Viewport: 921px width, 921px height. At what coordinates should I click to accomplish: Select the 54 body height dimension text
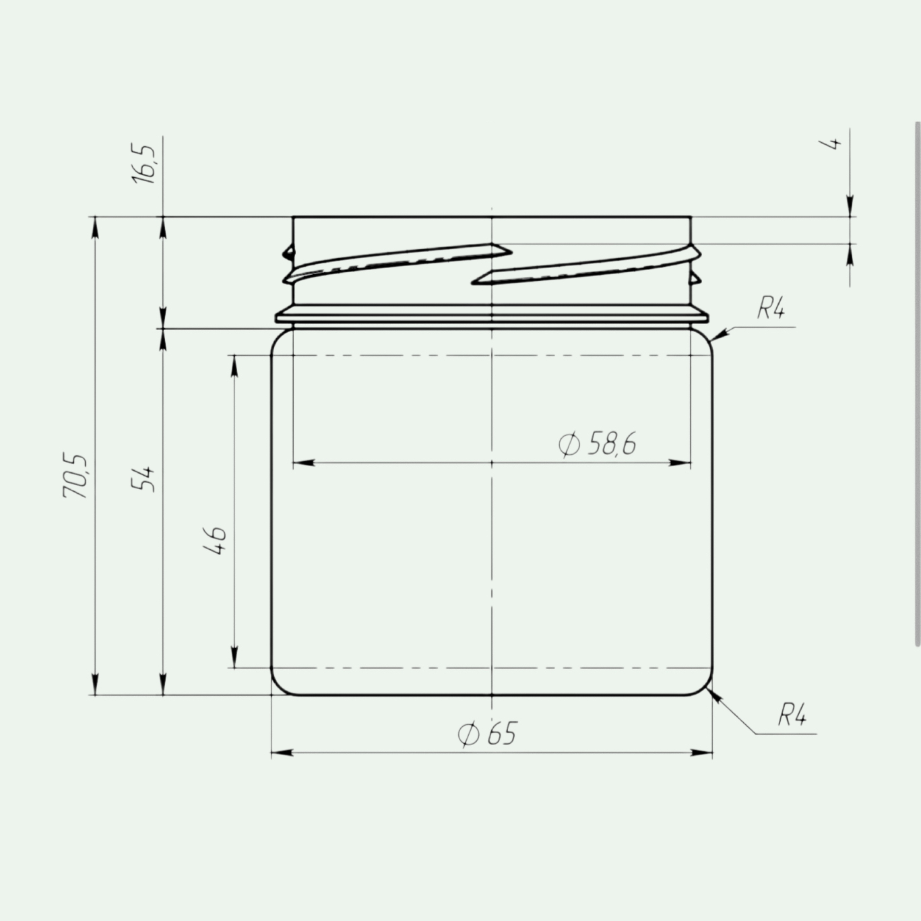point(144,479)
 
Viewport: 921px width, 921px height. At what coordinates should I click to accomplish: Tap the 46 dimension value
point(215,540)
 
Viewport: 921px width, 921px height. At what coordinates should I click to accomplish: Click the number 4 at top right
point(834,144)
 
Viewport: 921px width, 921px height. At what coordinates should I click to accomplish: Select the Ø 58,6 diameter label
point(597,443)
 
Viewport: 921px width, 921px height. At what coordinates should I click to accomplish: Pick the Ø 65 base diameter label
point(487,734)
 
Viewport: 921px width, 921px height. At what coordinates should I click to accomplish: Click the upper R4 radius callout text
point(771,309)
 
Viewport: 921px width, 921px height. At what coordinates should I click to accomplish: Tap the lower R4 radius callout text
point(792,716)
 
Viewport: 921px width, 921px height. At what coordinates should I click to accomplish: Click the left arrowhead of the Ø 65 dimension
point(282,753)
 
